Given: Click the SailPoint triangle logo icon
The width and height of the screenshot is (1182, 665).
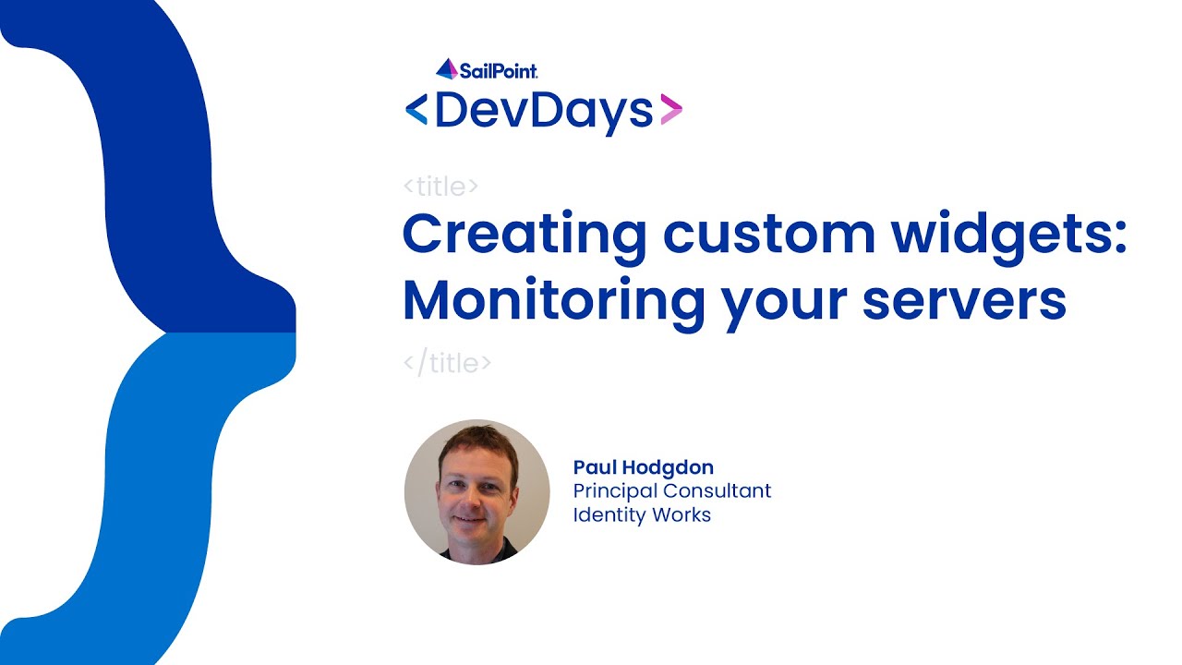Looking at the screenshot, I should pos(447,68).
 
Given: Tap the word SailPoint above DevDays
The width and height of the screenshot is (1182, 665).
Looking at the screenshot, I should pos(499,70).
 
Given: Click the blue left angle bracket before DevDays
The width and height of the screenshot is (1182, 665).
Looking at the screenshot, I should pos(416,110).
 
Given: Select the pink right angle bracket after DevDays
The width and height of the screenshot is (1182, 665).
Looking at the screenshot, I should pos(671,110).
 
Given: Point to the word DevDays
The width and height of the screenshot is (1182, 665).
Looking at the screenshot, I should pos(544,111).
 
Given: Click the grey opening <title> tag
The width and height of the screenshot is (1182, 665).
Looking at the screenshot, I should pos(440,187).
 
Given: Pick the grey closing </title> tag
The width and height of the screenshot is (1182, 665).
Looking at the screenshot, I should pos(447,363).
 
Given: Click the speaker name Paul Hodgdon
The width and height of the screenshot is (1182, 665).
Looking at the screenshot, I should pos(643,467).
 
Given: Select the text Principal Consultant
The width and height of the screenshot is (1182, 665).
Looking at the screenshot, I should pos(671,491).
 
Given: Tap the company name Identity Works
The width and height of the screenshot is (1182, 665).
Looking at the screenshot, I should pos(642,515).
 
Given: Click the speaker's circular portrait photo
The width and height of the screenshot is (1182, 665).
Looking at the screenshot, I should pos(476,491).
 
